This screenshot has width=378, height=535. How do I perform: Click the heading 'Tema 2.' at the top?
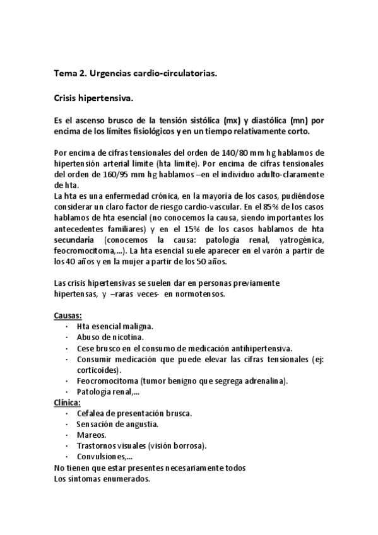[x=70, y=74]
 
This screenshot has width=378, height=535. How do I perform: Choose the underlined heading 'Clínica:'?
[x=67, y=402]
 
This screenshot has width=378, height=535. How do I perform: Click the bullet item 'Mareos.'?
[x=92, y=435]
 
